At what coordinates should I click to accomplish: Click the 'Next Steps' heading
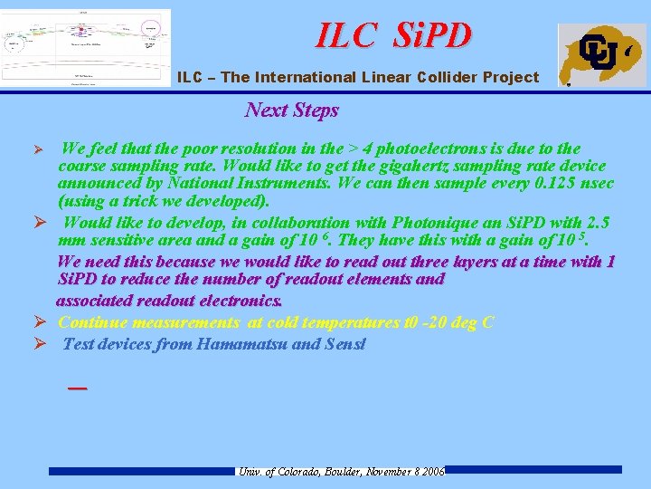click(291, 110)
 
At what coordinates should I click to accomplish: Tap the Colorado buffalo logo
click(601, 54)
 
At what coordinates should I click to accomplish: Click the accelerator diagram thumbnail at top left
click(85, 47)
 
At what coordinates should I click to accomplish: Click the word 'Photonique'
click(343, 223)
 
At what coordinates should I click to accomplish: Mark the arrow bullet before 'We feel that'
click(38, 149)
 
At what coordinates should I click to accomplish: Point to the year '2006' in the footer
click(432, 472)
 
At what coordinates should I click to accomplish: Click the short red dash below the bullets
click(78, 387)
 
